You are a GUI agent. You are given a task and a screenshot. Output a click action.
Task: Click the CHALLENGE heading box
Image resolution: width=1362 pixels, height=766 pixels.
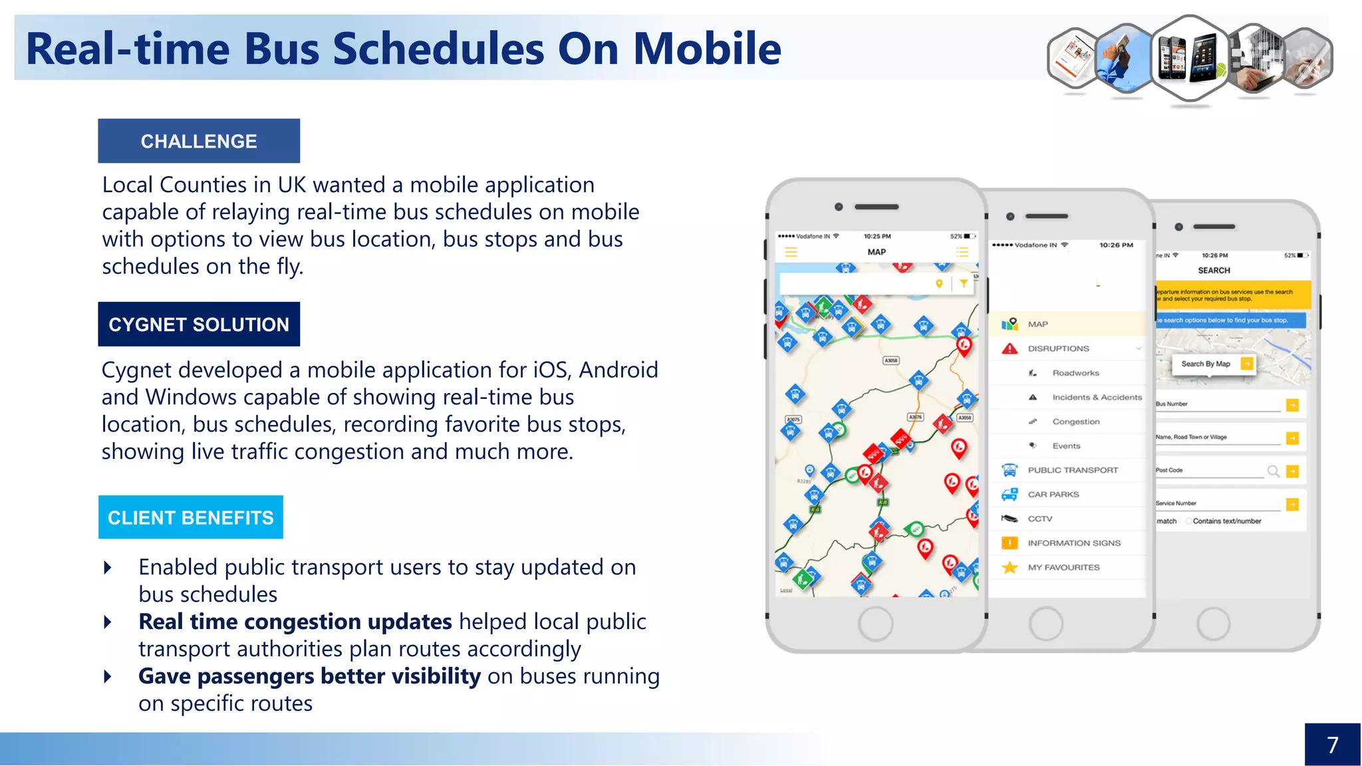[199, 141]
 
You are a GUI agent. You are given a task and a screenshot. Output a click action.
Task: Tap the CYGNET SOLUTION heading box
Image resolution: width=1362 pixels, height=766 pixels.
[199, 324]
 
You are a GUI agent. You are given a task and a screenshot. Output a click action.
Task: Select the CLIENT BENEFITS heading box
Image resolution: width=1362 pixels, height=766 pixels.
[190, 517]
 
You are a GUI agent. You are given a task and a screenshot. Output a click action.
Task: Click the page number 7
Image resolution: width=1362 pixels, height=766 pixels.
[1332, 745]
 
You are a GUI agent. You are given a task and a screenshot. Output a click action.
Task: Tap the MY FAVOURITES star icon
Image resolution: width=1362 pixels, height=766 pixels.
[1010, 568]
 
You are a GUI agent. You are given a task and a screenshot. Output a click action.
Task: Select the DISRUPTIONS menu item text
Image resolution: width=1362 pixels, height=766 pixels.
[1058, 348]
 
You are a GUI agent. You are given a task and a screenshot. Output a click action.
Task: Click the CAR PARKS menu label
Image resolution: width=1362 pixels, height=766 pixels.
[1053, 495]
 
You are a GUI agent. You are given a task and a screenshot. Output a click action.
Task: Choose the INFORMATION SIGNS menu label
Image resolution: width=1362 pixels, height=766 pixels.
[1073, 543]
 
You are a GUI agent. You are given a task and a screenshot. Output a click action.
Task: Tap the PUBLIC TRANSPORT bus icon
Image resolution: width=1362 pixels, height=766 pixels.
[1010, 470]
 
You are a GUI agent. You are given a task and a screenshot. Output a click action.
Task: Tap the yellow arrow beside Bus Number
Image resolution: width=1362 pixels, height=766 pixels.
[1292, 405]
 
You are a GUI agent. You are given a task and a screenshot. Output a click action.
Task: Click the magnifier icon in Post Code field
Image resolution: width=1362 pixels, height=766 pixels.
[1273, 471]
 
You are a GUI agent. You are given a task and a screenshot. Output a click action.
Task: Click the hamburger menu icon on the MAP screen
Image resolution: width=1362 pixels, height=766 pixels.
[791, 252]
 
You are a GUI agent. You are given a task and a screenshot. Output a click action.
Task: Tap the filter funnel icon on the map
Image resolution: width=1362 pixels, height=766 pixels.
[964, 283]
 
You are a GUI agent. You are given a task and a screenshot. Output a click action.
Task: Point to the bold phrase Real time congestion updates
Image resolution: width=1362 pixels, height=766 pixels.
[295, 622]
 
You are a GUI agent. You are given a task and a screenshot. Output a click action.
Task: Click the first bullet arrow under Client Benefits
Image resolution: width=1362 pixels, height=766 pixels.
[108, 568]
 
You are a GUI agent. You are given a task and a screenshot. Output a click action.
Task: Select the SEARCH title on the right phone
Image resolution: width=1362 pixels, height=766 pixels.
[1214, 271]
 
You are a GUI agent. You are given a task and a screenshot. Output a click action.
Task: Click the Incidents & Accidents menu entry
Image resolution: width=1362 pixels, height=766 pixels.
[1096, 398]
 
